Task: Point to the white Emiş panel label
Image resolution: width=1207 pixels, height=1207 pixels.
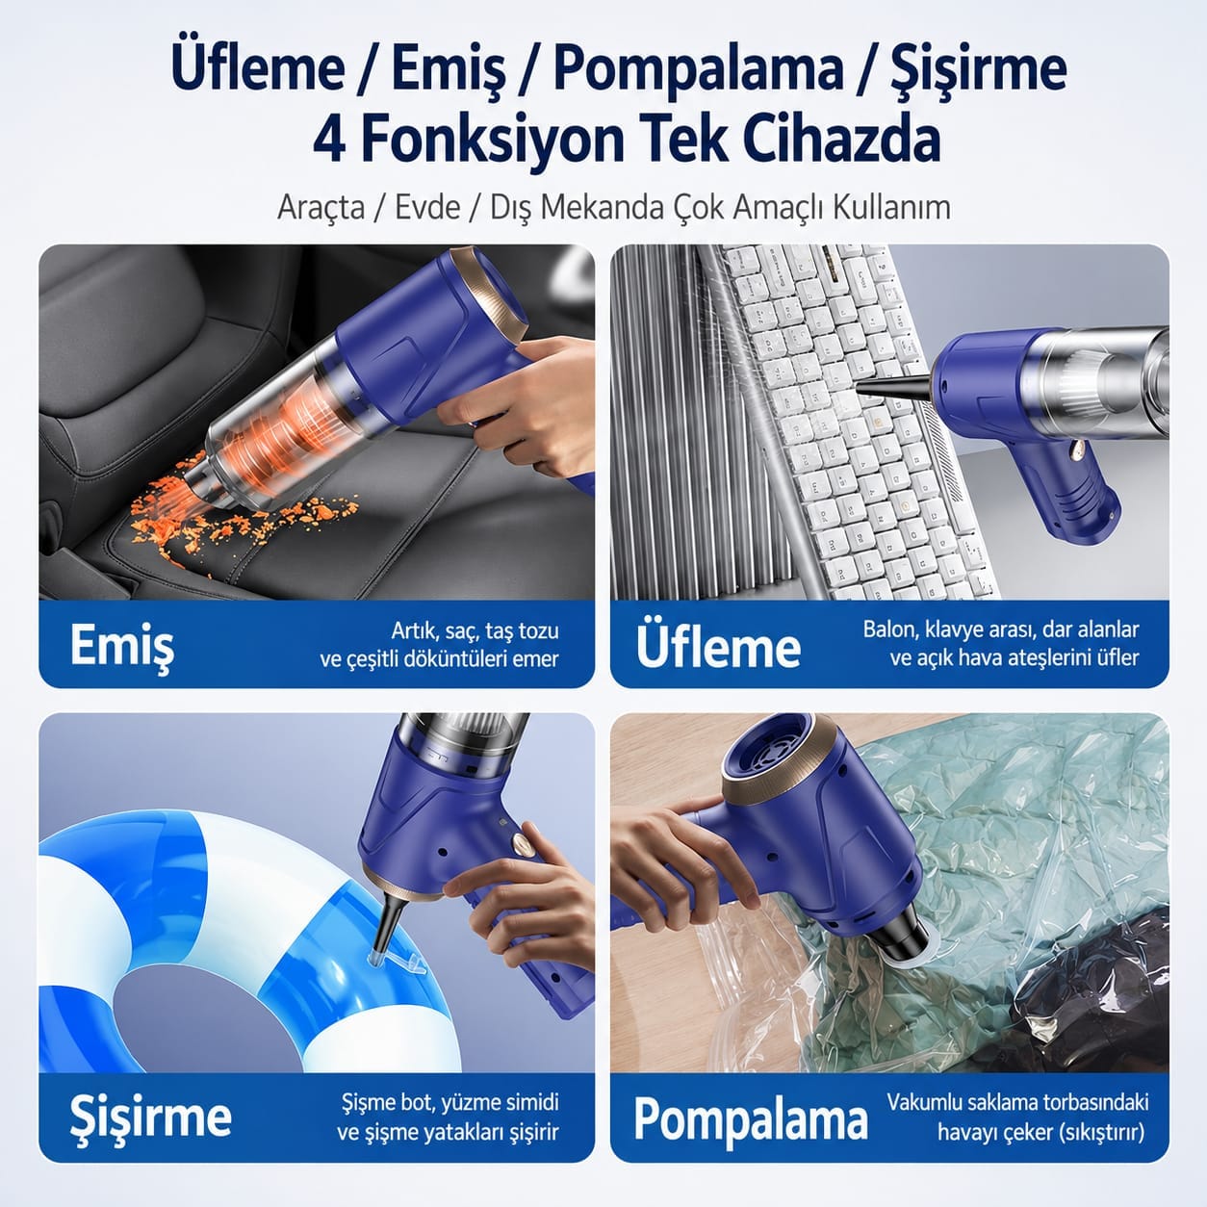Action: (122, 647)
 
